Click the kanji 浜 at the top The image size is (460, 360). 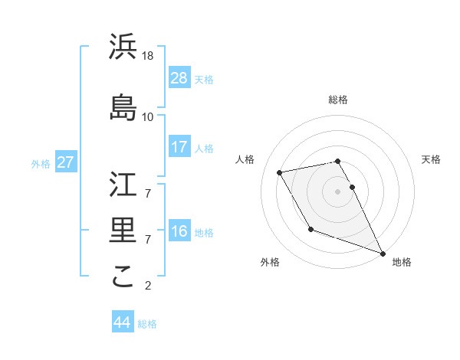tap(123, 47)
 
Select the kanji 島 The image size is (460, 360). tap(123, 106)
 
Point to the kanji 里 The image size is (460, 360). tap(123, 229)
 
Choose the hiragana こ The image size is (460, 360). tap(123, 277)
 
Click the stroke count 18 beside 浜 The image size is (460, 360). tap(149, 56)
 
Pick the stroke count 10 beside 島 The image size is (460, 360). tap(148, 116)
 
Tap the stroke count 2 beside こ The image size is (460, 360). tap(147, 286)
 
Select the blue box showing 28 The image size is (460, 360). tap(179, 77)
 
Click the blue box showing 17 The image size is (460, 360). tap(179, 146)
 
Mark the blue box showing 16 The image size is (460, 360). tap(179, 231)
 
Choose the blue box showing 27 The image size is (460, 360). tap(65, 162)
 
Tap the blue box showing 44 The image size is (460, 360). tap(122, 322)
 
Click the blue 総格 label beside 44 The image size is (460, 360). tap(147, 324)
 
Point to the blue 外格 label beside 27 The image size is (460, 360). tap(41, 163)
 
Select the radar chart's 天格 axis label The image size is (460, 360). tap(431, 159)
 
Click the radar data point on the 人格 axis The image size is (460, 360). tap(280, 173)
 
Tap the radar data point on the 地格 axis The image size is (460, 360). tap(383, 254)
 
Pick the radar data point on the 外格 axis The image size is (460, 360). tap(310, 229)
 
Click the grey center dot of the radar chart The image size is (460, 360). tap(337, 191)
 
